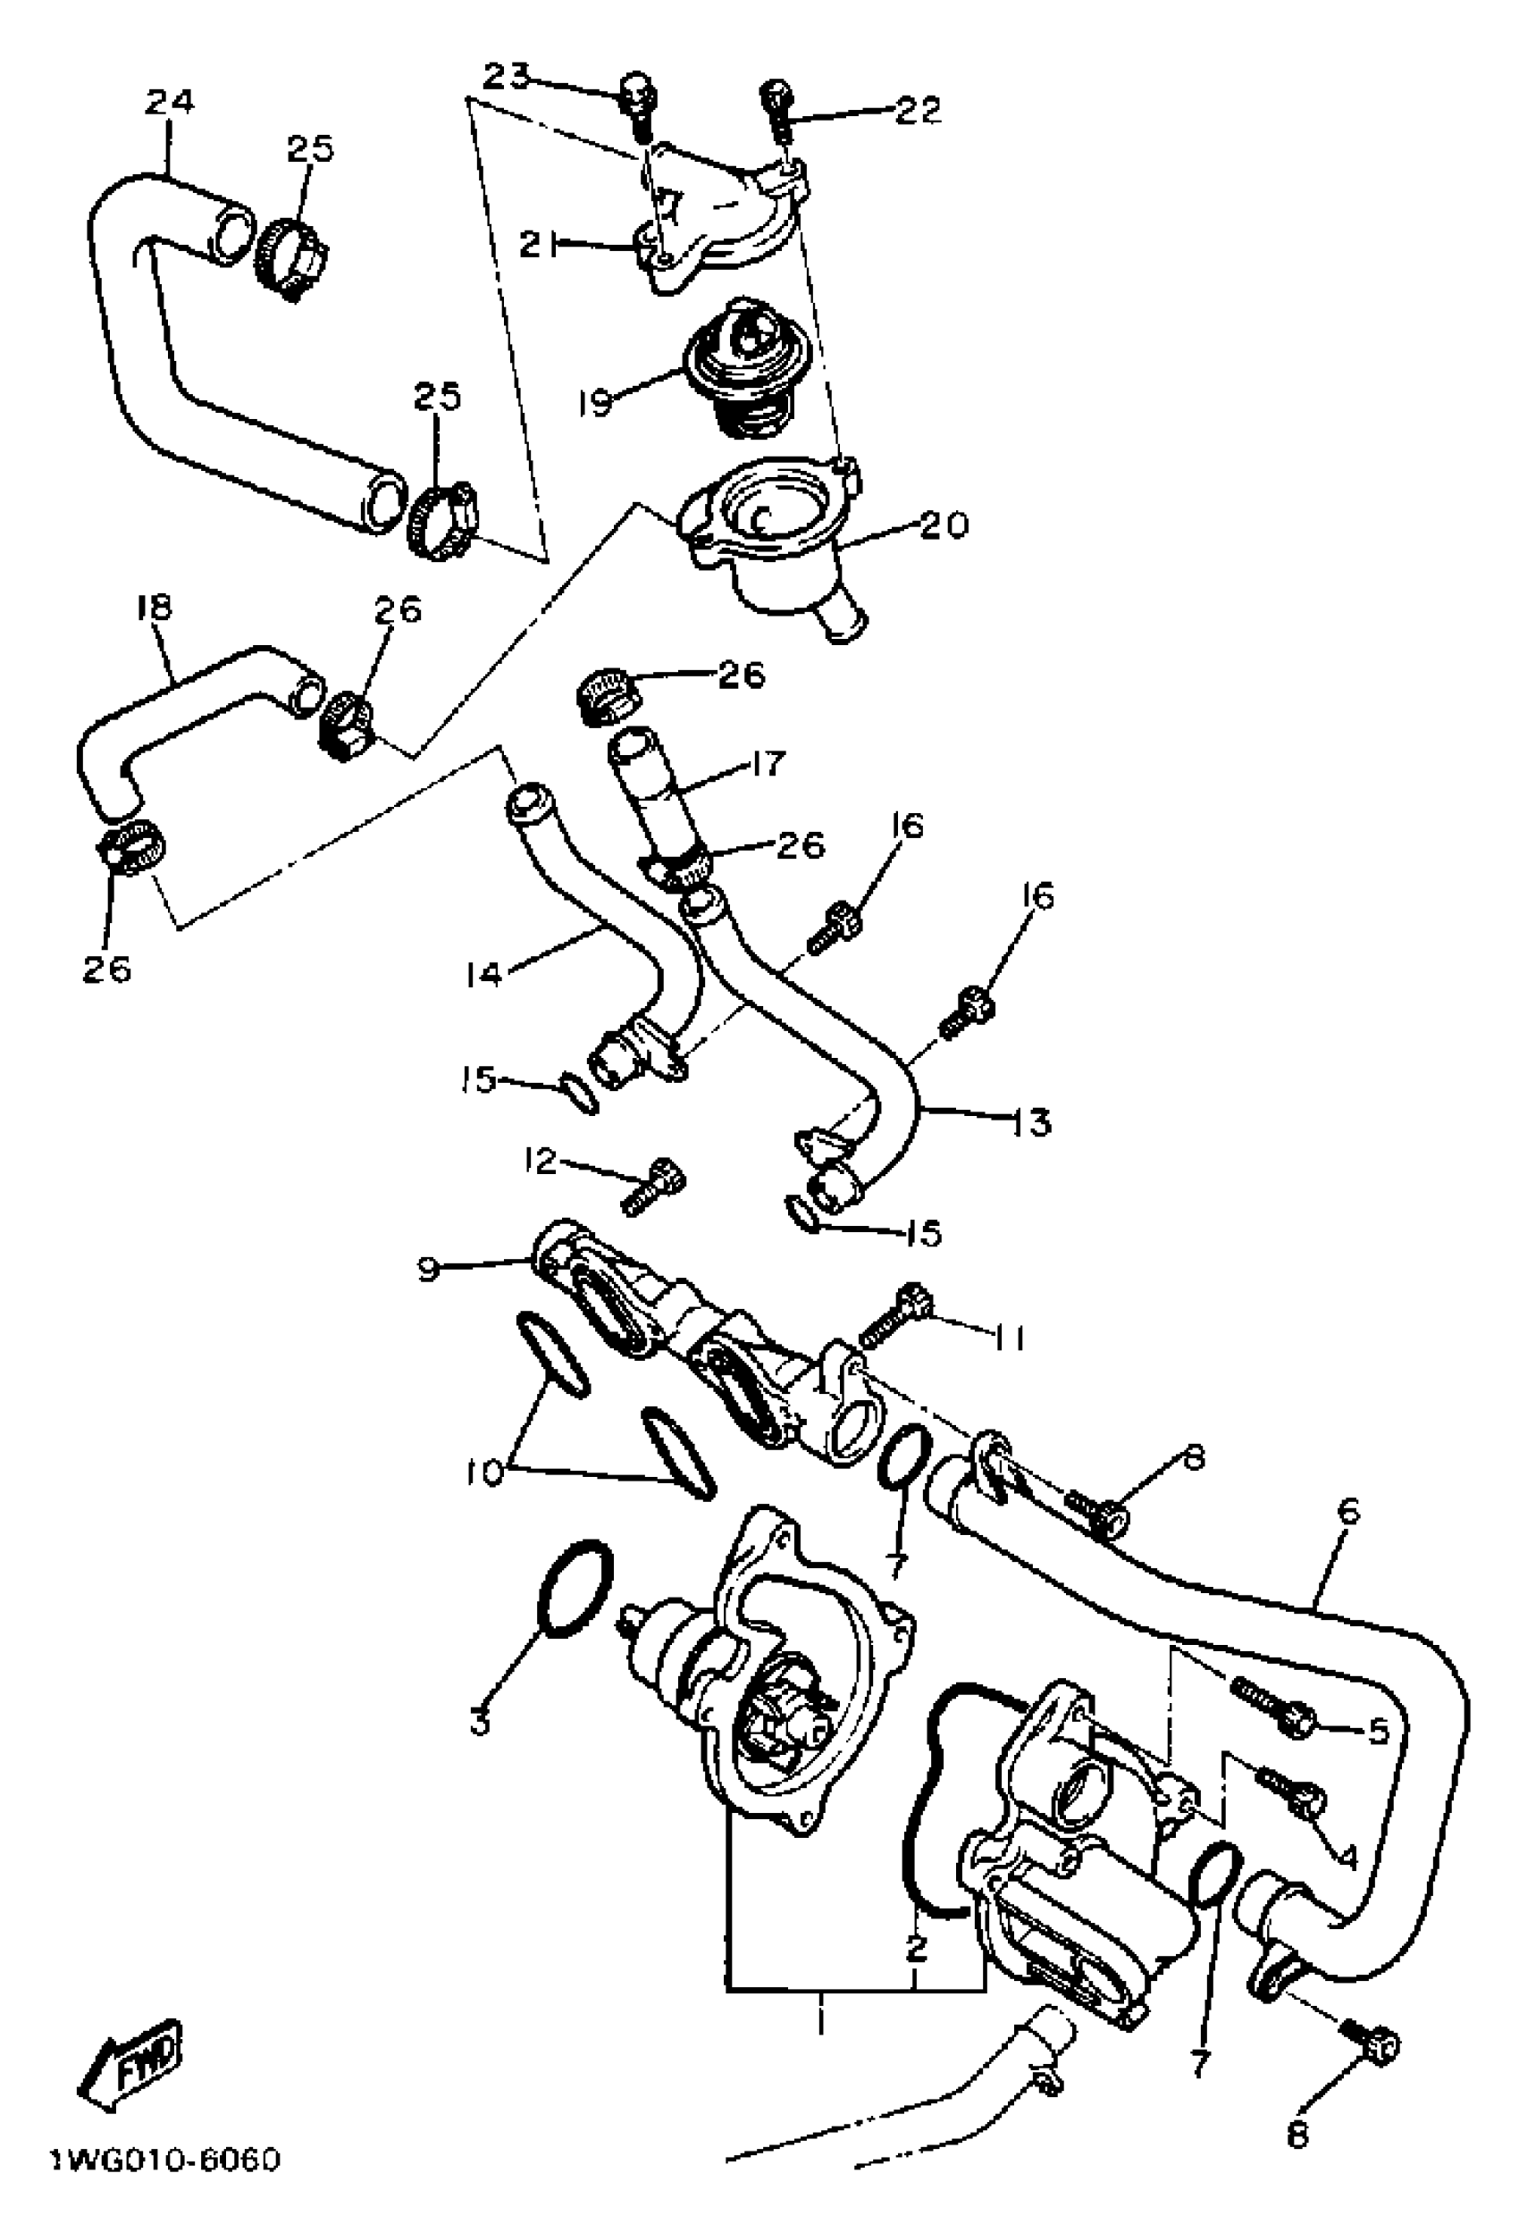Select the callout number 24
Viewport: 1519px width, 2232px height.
[x=169, y=102]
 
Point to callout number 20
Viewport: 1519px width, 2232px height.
[x=944, y=525]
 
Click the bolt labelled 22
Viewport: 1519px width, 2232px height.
[x=775, y=104]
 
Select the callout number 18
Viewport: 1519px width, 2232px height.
[x=154, y=607]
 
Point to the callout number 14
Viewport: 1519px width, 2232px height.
[x=484, y=975]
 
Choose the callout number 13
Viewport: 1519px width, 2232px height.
[x=1033, y=1121]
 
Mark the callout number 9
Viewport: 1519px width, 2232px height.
[x=429, y=1270]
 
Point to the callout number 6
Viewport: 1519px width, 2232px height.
[x=1348, y=1511]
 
